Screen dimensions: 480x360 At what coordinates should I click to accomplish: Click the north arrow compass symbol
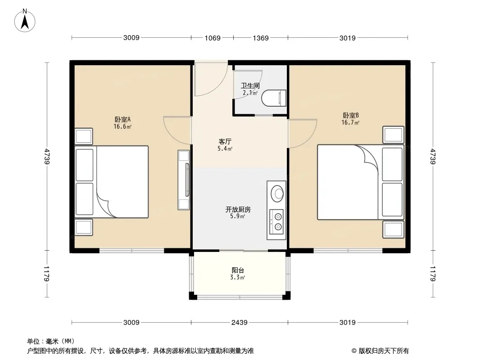[25, 20]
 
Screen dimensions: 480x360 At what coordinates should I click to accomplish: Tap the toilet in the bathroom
[274, 98]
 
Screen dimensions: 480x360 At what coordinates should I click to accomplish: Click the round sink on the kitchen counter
[277, 193]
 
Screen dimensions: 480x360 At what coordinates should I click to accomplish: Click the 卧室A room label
[122, 119]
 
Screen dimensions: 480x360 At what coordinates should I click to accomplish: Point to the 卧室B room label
[350, 115]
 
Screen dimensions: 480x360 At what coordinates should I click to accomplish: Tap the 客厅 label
[225, 142]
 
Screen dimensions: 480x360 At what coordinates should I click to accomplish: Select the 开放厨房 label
[238, 210]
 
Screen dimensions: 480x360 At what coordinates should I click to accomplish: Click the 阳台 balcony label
[238, 270]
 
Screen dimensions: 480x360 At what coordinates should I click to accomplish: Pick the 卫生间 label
[250, 85]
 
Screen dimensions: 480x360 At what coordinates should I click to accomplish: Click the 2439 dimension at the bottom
[239, 322]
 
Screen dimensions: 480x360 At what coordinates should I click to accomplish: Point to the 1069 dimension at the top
[213, 38]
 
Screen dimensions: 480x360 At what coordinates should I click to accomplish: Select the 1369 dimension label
[261, 38]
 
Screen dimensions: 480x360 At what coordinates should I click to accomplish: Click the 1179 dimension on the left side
[46, 274]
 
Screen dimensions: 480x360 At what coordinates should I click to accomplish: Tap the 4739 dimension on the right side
[433, 156]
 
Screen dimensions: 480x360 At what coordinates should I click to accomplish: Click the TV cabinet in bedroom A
[184, 180]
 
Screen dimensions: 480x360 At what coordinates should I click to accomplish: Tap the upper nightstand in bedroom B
[394, 135]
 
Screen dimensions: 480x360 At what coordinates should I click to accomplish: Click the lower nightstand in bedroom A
[84, 228]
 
